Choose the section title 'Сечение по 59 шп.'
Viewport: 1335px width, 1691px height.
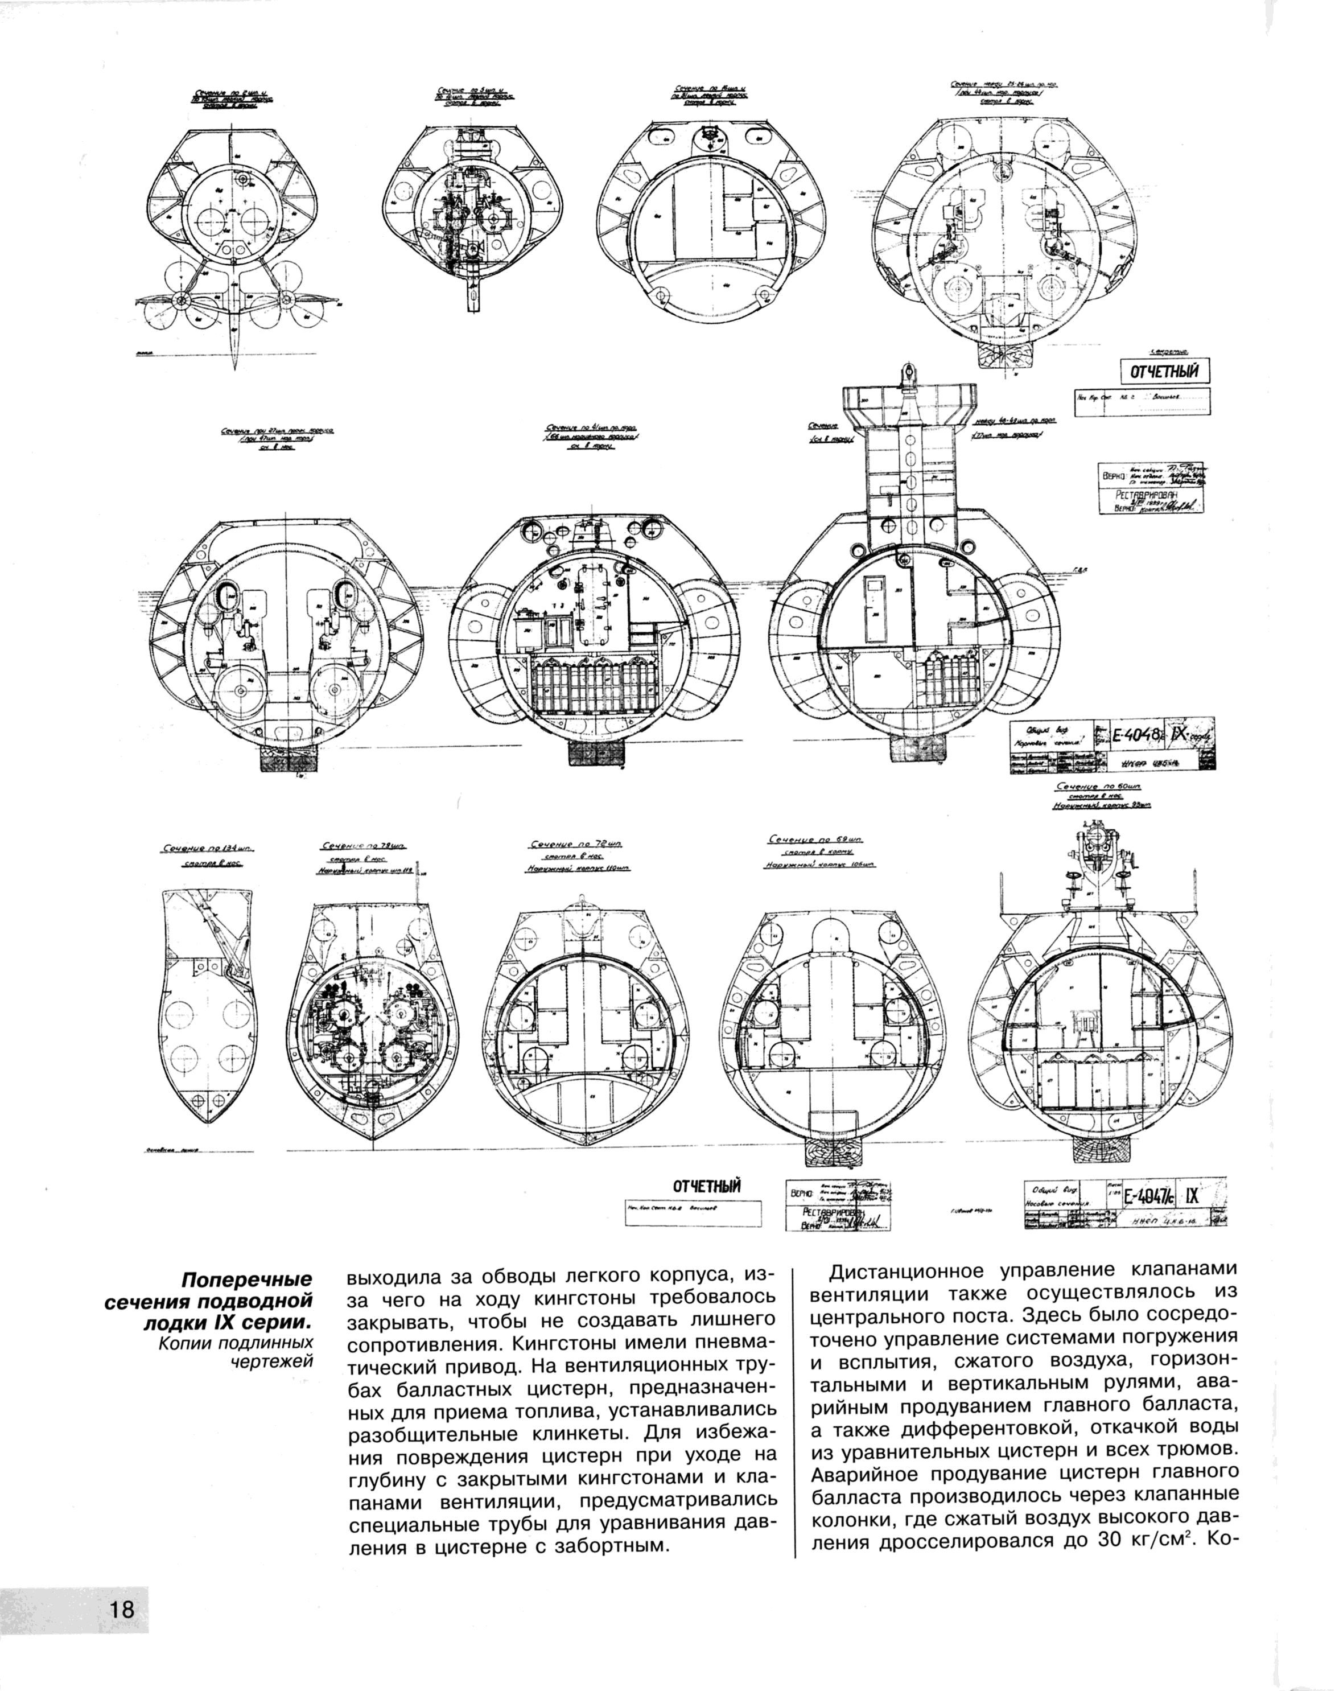(x=815, y=839)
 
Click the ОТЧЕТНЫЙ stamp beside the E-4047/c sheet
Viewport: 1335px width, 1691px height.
(x=707, y=1187)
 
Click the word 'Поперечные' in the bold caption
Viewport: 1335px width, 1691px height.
(x=247, y=1280)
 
